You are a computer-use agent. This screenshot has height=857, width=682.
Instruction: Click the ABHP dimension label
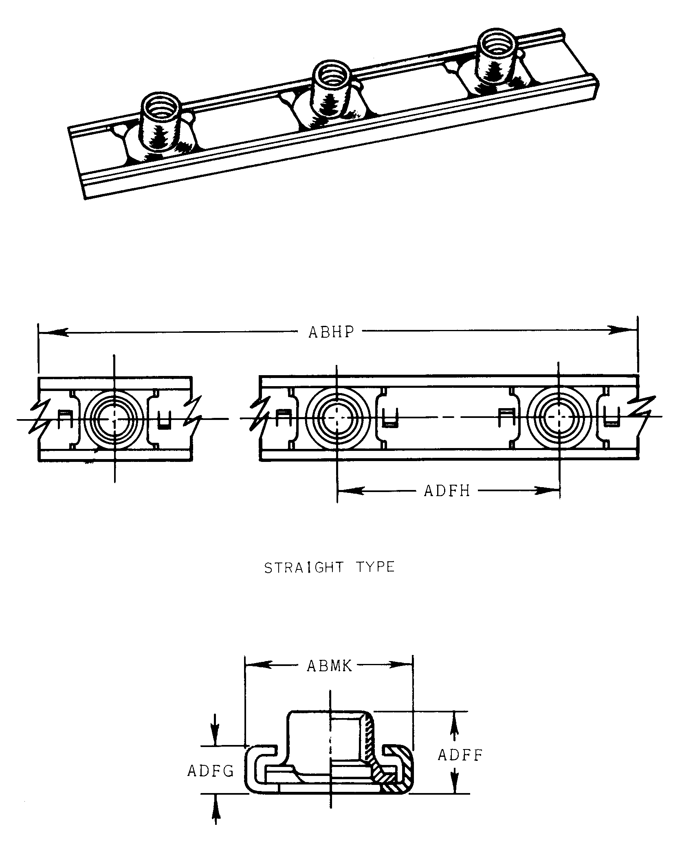331,332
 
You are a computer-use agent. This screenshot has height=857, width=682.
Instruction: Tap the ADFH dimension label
447,491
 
